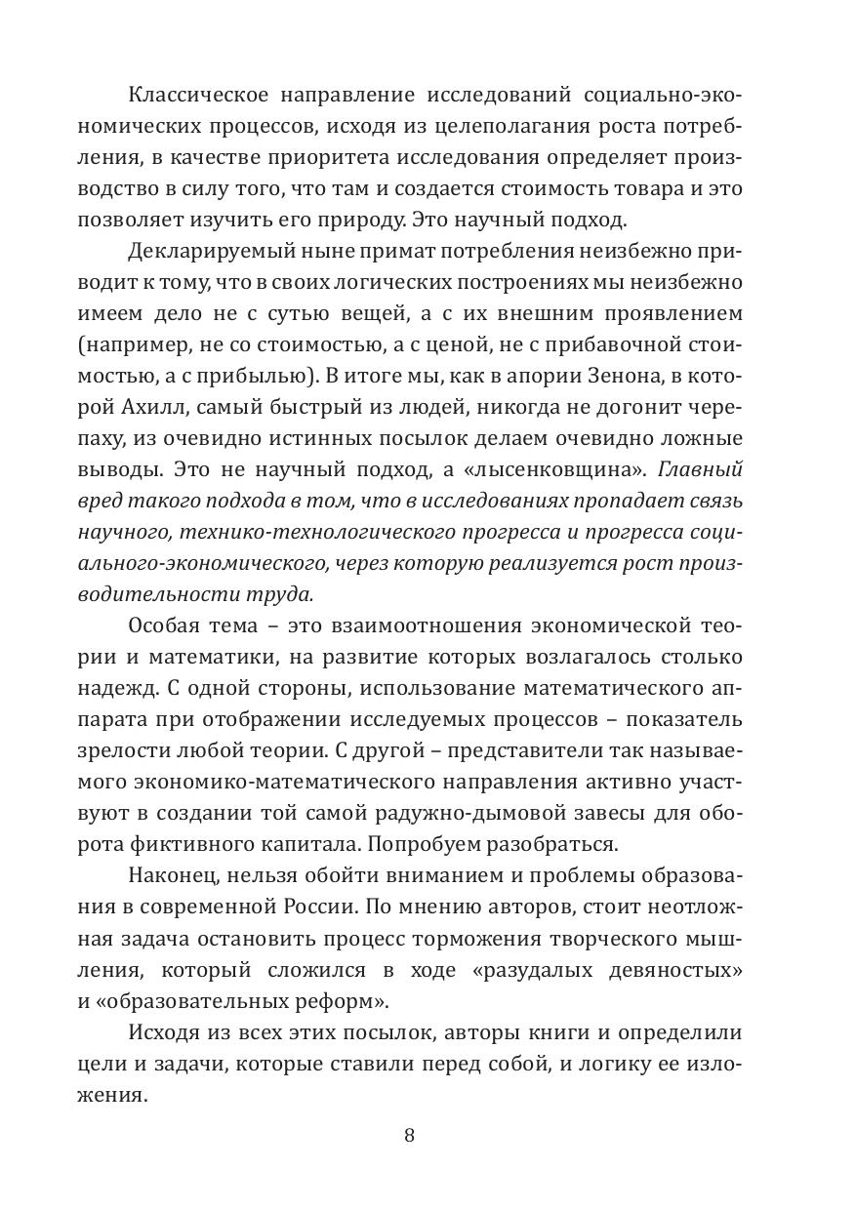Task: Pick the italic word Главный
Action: tap(701, 469)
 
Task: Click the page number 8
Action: tap(409, 1135)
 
